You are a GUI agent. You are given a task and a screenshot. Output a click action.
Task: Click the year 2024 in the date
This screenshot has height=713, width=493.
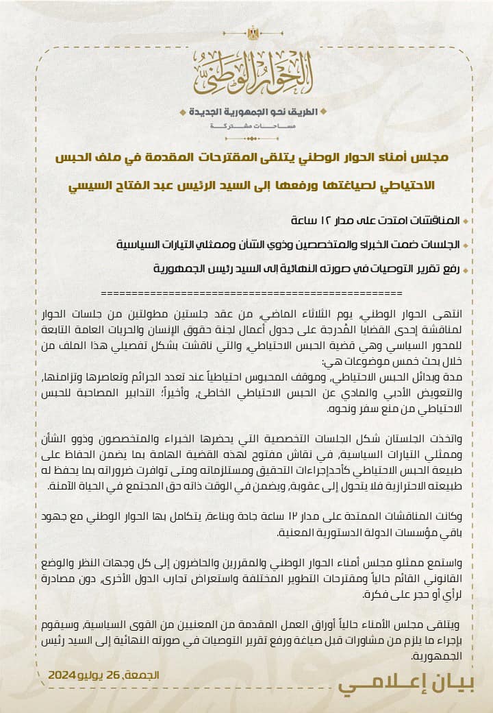[x=62, y=675]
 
